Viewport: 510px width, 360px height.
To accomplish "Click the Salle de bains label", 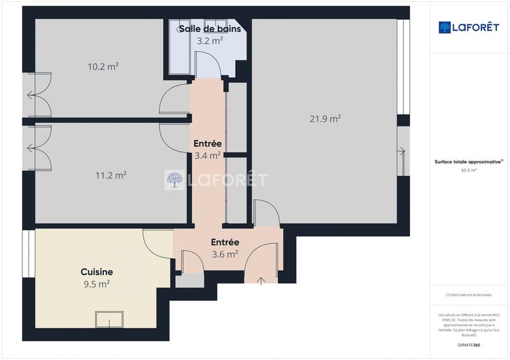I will click(209, 29).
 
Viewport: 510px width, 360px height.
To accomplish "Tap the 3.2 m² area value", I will click(209, 41).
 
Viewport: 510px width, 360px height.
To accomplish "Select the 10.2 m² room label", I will click(104, 66).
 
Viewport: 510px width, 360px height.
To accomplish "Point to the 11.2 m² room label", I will click(110, 175).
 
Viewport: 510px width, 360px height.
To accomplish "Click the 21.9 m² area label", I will click(324, 119).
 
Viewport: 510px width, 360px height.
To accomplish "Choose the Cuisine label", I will click(96, 271).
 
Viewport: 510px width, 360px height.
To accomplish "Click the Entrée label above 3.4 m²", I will click(207, 143).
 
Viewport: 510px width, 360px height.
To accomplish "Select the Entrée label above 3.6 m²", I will click(225, 242).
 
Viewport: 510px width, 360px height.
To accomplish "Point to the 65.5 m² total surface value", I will click(468, 171).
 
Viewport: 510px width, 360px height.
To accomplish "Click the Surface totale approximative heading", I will click(468, 162).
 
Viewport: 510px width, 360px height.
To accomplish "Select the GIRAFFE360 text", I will click(469, 345).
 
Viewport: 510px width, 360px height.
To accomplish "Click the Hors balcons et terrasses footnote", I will click(469, 295).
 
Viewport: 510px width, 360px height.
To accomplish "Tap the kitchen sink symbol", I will click(109, 319).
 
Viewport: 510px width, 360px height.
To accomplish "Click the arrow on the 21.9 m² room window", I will click(401, 151).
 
